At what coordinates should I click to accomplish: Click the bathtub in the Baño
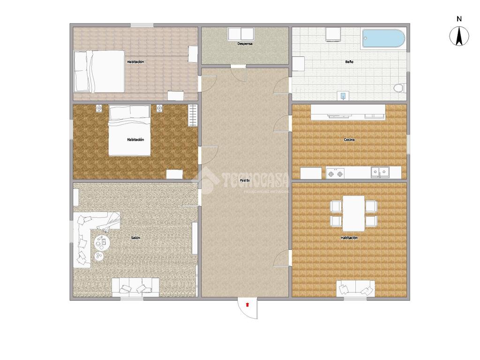click(383, 38)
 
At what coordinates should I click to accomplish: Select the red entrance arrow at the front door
click(247, 304)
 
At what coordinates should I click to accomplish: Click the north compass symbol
click(459, 36)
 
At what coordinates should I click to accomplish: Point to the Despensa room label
click(245, 44)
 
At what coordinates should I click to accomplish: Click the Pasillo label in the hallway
click(245, 180)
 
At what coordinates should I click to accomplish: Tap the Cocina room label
click(349, 140)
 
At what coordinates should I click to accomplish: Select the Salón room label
click(135, 238)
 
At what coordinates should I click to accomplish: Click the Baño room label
click(349, 62)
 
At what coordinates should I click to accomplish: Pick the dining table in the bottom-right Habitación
click(353, 213)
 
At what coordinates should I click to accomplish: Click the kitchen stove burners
click(335, 173)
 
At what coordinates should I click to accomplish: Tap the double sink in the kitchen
click(380, 172)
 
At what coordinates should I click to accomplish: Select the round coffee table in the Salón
click(102, 242)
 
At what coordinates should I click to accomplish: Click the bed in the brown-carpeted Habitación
click(130, 130)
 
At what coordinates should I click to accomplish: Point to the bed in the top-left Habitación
click(99, 71)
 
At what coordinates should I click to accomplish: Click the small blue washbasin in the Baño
click(344, 96)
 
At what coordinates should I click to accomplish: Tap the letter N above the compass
click(459, 19)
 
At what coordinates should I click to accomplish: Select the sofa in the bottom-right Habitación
click(355, 288)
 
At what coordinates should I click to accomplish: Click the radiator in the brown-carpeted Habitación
click(193, 115)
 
